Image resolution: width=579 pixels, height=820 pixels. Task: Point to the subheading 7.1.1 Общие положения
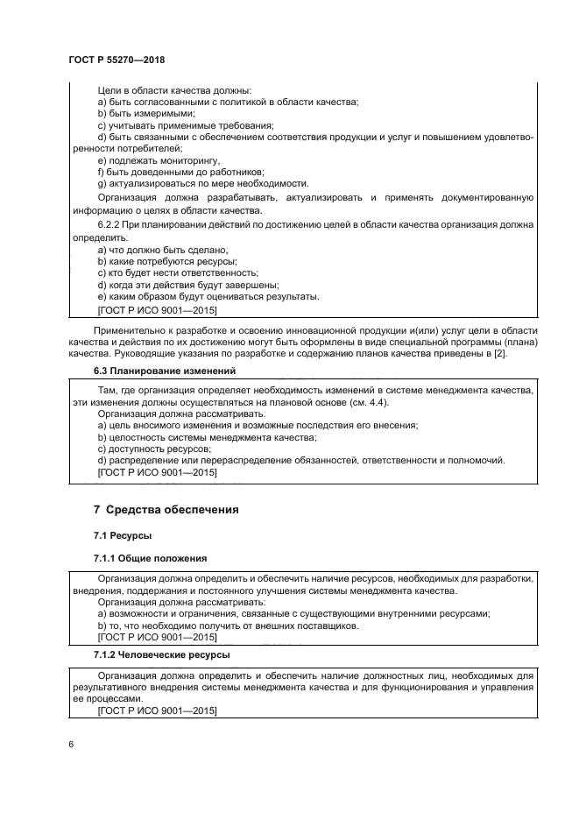[x=151, y=558]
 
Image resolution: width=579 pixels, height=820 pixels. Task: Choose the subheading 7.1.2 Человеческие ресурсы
[x=162, y=654]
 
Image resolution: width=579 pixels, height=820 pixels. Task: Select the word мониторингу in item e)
[x=186, y=160]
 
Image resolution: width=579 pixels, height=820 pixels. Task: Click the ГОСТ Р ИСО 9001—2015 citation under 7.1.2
[x=157, y=710]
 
